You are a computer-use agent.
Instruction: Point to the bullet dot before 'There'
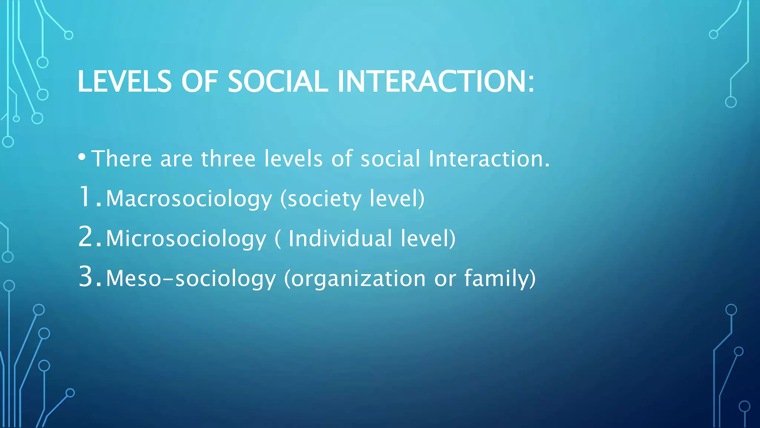82,157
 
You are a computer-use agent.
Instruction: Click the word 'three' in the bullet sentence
228,159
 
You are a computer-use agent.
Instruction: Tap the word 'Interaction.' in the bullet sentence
489,159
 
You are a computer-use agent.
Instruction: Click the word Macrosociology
189,199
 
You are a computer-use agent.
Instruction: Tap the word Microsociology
186,239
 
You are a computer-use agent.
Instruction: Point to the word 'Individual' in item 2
340,239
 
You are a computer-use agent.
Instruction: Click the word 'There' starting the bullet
122,159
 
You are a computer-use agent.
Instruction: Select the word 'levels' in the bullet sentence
294,159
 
